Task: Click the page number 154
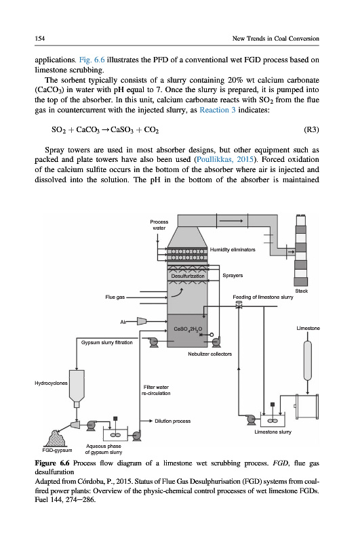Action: [x=40, y=39]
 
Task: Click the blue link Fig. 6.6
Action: [x=92, y=60]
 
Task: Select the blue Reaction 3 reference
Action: [x=218, y=110]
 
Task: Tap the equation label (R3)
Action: [x=311, y=129]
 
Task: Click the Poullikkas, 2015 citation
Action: [x=226, y=160]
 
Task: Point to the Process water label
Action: [x=159, y=225]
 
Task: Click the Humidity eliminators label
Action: [x=233, y=249]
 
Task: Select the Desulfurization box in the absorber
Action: [x=188, y=276]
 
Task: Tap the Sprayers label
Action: [x=233, y=276]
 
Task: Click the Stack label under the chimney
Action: [x=302, y=291]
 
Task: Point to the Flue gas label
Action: [x=115, y=297]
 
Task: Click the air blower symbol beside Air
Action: [x=142, y=321]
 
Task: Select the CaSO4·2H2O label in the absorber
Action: [x=188, y=329]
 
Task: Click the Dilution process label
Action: [x=173, y=421]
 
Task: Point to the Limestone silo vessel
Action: [x=307, y=361]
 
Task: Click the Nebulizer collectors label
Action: [x=210, y=354]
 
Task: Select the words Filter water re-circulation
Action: [x=156, y=390]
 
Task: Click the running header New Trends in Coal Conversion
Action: [x=276, y=39]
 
